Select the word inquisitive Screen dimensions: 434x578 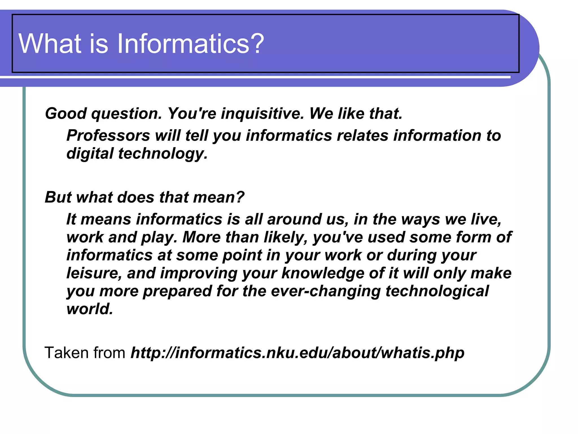point(262,114)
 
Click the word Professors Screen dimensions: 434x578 point(108,135)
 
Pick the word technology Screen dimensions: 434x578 point(163,154)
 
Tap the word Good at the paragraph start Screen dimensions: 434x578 point(66,114)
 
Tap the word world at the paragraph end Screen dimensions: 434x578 point(89,309)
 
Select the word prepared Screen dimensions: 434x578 point(177,291)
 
